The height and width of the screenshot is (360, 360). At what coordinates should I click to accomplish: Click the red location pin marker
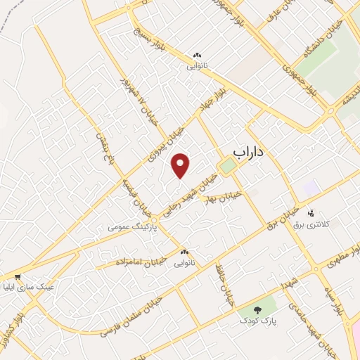tap(181, 165)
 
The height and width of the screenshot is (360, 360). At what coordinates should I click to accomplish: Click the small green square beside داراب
tap(227, 167)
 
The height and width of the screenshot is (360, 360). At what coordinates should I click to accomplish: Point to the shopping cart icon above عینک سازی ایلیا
tap(18, 277)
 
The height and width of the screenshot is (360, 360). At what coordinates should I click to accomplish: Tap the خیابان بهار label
tap(223, 196)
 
